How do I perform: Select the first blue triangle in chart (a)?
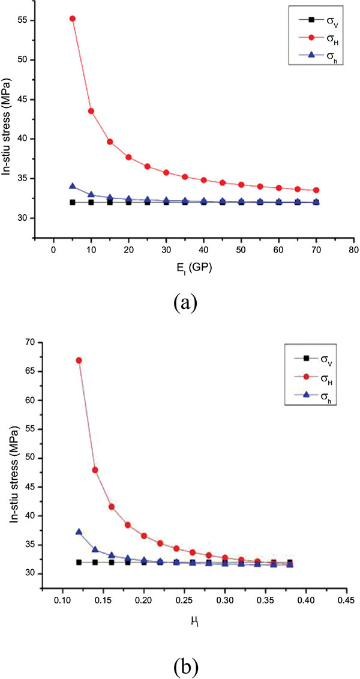click(x=73, y=187)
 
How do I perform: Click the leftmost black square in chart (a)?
click(x=73, y=202)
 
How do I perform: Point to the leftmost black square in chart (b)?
click(x=79, y=562)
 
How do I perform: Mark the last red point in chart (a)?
click(x=316, y=190)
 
